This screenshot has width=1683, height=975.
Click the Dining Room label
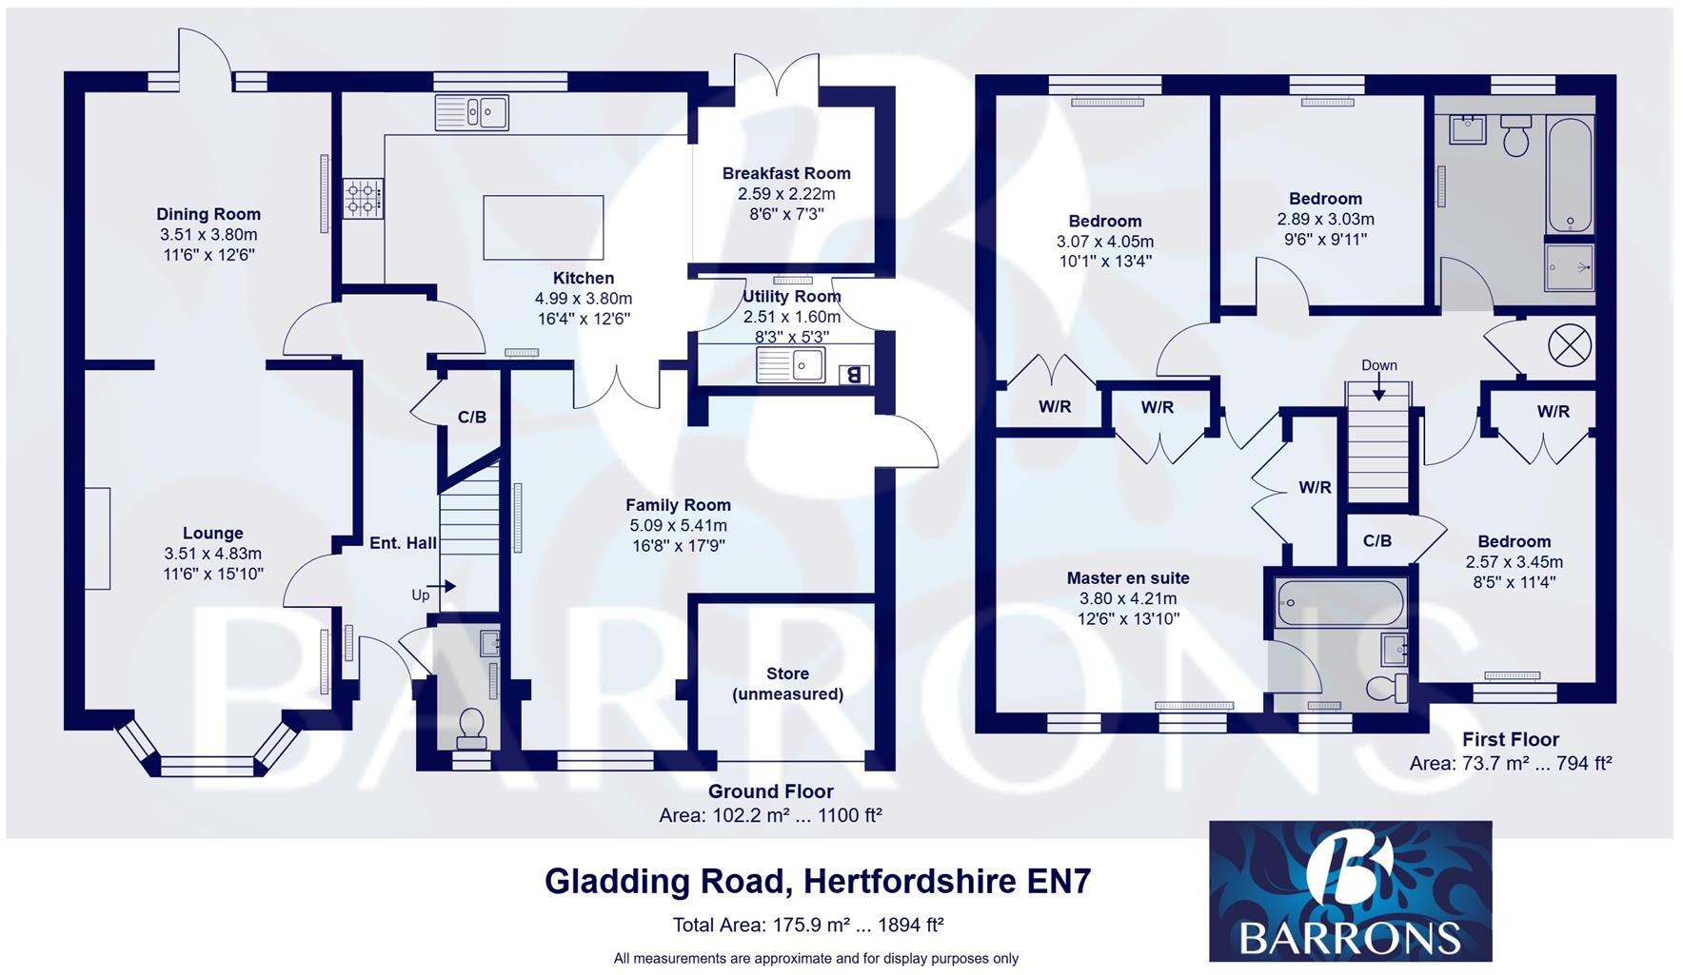[x=208, y=214]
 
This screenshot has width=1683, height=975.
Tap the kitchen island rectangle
[x=543, y=227]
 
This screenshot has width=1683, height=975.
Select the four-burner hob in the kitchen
[x=363, y=199]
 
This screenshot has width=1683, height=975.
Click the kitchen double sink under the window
[x=472, y=113]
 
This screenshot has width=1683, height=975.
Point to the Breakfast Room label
[x=786, y=173]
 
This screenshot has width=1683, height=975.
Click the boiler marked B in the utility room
[x=854, y=374]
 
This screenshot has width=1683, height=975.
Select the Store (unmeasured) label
[x=787, y=684]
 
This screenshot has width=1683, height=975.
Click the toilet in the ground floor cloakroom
[x=472, y=729]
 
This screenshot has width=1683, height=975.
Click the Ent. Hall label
[x=403, y=543]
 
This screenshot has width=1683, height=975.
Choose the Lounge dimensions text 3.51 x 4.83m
[x=213, y=554]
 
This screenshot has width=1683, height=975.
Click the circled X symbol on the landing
[x=1570, y=344]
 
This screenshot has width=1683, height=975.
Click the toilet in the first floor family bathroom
[x=1515, y=137]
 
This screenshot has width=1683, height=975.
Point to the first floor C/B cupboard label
[x=1376, y=541]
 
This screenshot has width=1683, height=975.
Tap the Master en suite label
[x=1128, y=578]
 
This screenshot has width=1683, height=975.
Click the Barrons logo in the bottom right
[x=1350, y=891]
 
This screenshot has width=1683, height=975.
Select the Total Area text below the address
[x=807, y=925]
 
